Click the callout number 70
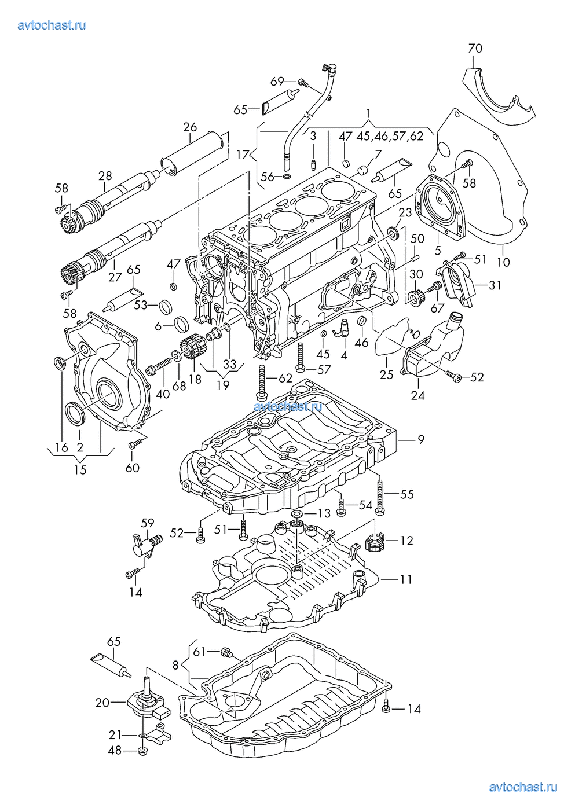(475, 48)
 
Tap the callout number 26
(190, 127)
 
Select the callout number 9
(421, 440)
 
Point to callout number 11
(406, 580)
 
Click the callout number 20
(102, 703)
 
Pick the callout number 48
(115, 750)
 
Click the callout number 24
(417, 395)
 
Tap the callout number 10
(503, 262)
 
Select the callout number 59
(147, 523)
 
